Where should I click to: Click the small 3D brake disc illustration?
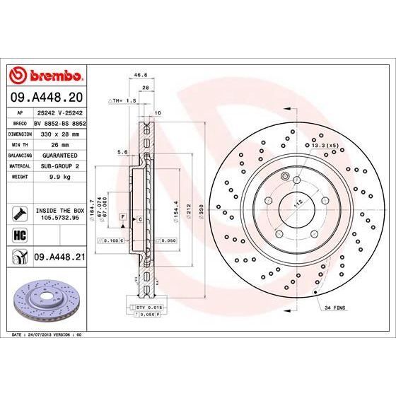coord(44,297)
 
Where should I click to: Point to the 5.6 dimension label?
coord(122,151)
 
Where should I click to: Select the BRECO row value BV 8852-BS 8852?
coord(59,122)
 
